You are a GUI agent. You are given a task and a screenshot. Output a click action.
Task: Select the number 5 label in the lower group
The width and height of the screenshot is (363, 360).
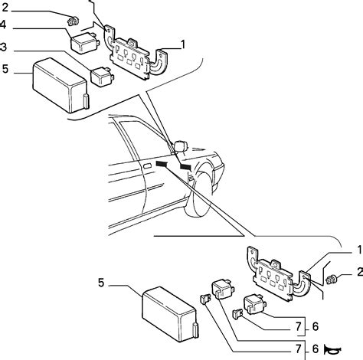coord(102,283)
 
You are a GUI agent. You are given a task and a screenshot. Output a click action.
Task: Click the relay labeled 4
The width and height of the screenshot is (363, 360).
coord(82,41)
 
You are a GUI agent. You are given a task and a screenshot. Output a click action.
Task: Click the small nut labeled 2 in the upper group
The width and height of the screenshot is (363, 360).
coord(72,18)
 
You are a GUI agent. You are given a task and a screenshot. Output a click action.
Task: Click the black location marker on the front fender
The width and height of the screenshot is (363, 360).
coord(185,166)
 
